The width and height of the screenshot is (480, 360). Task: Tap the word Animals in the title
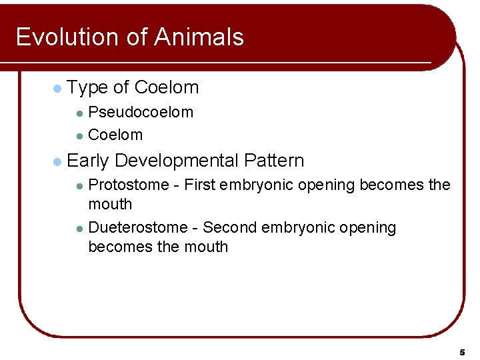[199, 37]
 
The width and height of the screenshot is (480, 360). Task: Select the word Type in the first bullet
[88, 87]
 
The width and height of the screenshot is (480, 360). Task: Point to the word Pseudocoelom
[141, 112]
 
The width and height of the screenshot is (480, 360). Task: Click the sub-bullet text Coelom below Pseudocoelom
[115, 135]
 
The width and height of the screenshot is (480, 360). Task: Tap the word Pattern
[274, 161]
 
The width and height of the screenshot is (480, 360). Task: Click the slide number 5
[461, 351]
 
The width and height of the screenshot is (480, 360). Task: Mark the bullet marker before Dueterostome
[79, 229]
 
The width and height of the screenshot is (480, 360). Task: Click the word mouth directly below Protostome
[110, 204]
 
